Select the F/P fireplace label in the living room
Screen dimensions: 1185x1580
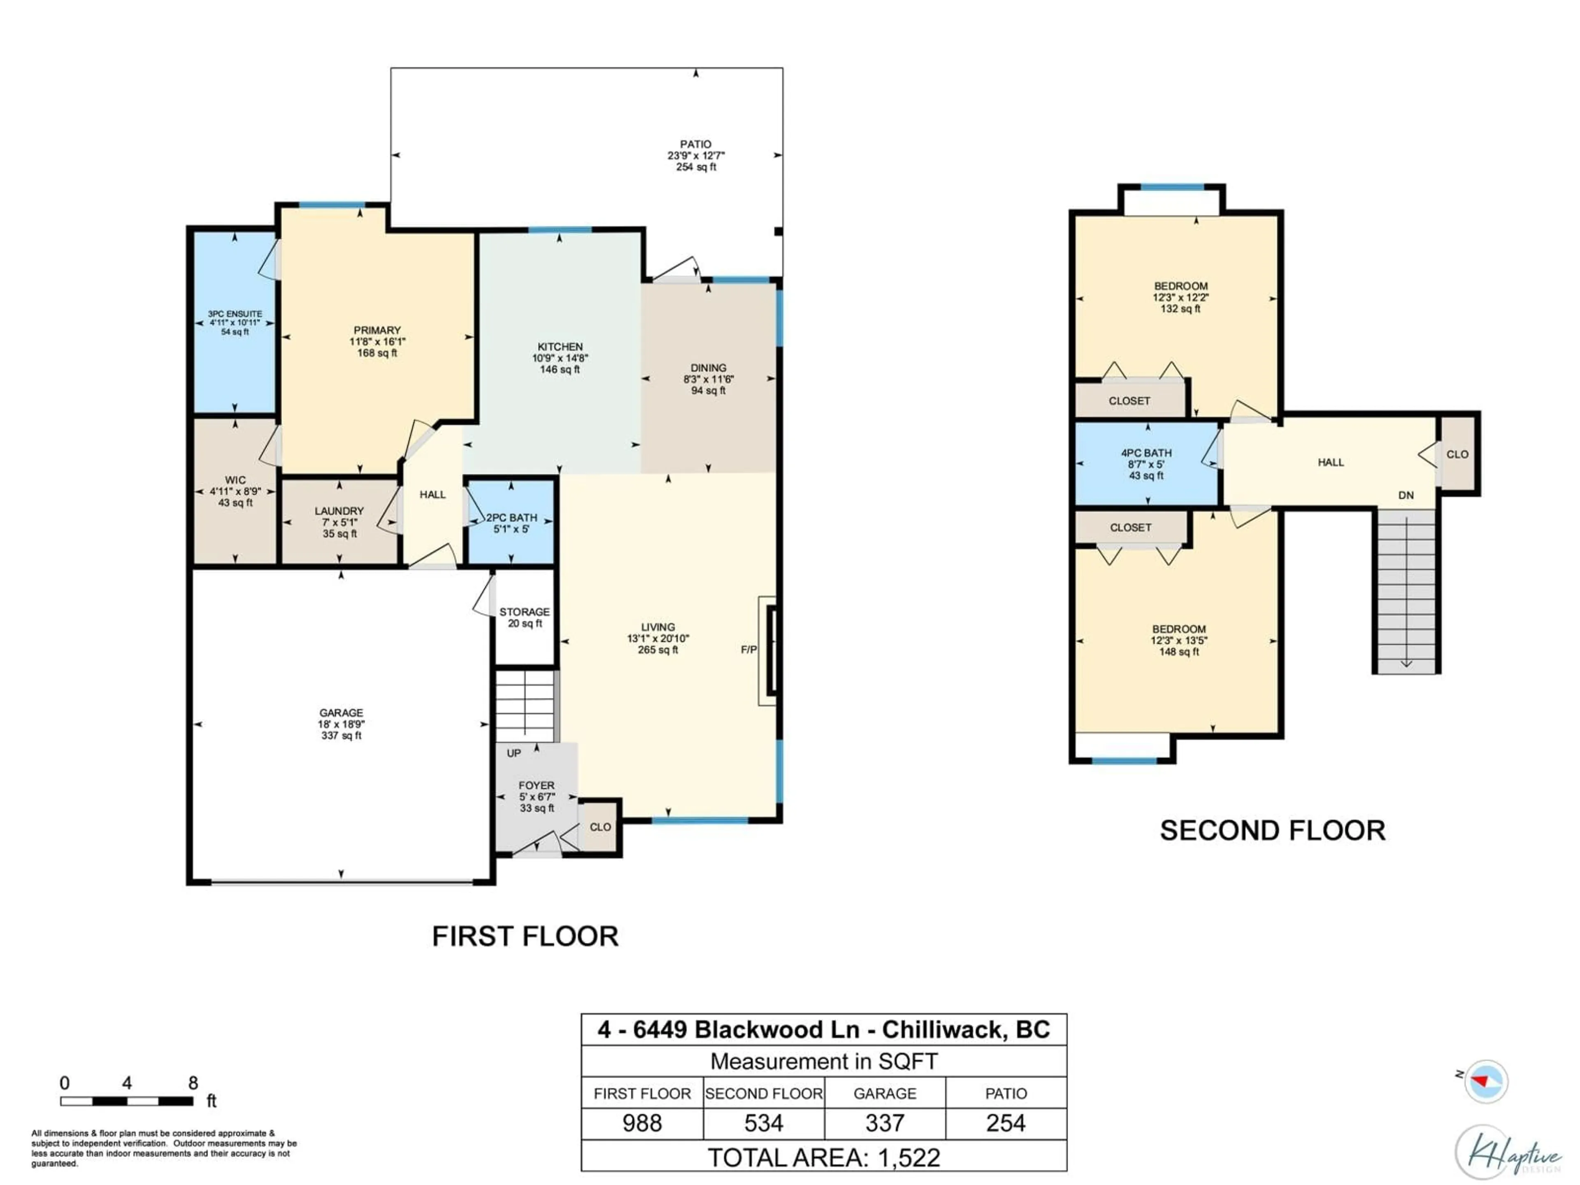pos(748,649)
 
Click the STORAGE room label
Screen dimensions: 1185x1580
pos(524,612)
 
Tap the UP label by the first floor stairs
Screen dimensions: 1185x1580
pos(513,753)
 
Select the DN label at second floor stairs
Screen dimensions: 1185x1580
pos(1406,495)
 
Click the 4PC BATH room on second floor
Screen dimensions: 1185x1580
pos(1146,464)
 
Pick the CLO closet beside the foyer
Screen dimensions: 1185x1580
pos(600,827)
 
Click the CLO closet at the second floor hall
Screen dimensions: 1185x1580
pos(1457,454)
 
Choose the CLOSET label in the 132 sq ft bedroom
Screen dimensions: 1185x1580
pos(1129,401)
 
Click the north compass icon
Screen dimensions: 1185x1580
pos(1486,1081)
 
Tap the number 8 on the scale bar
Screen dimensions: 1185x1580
pos(193,1083)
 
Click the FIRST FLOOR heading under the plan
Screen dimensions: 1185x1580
pos(525,936)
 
